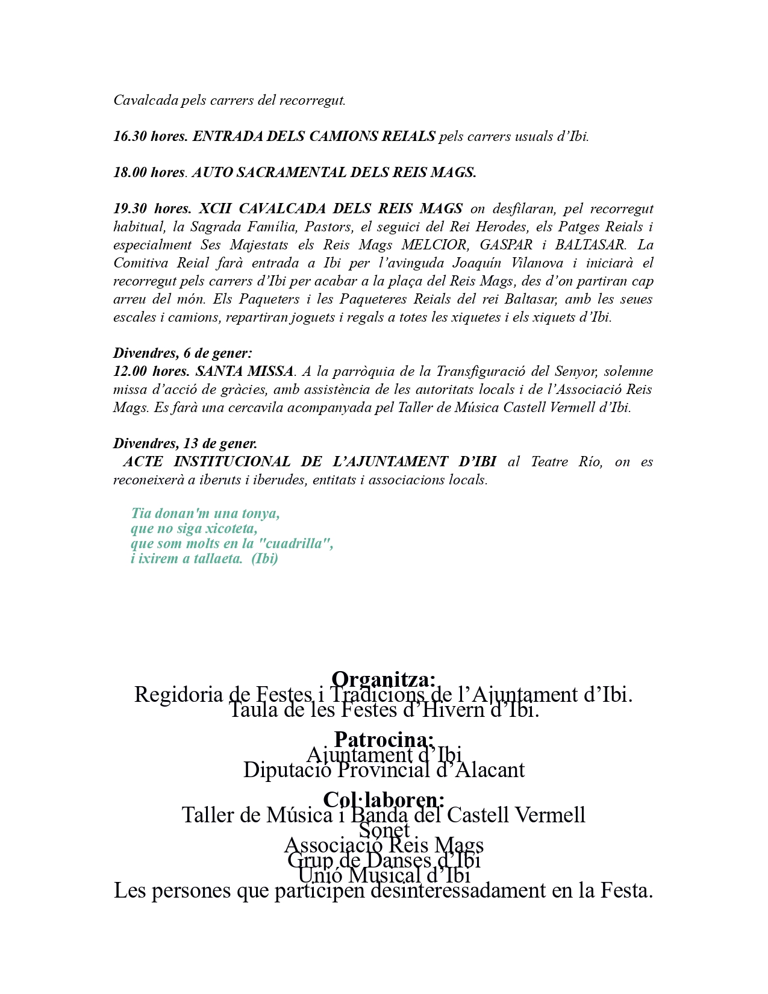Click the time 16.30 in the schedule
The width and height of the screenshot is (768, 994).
(130, 136)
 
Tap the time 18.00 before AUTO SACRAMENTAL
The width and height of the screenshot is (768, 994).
(130, 172)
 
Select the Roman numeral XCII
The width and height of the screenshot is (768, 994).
(215, 208)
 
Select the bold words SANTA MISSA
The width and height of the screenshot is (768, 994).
(245, 371)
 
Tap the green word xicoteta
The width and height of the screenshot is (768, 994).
(231, 528)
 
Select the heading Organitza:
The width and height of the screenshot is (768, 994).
(384, 679)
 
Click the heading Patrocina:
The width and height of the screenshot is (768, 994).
(384, 739)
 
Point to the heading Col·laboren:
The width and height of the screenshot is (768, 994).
(384, 799)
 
